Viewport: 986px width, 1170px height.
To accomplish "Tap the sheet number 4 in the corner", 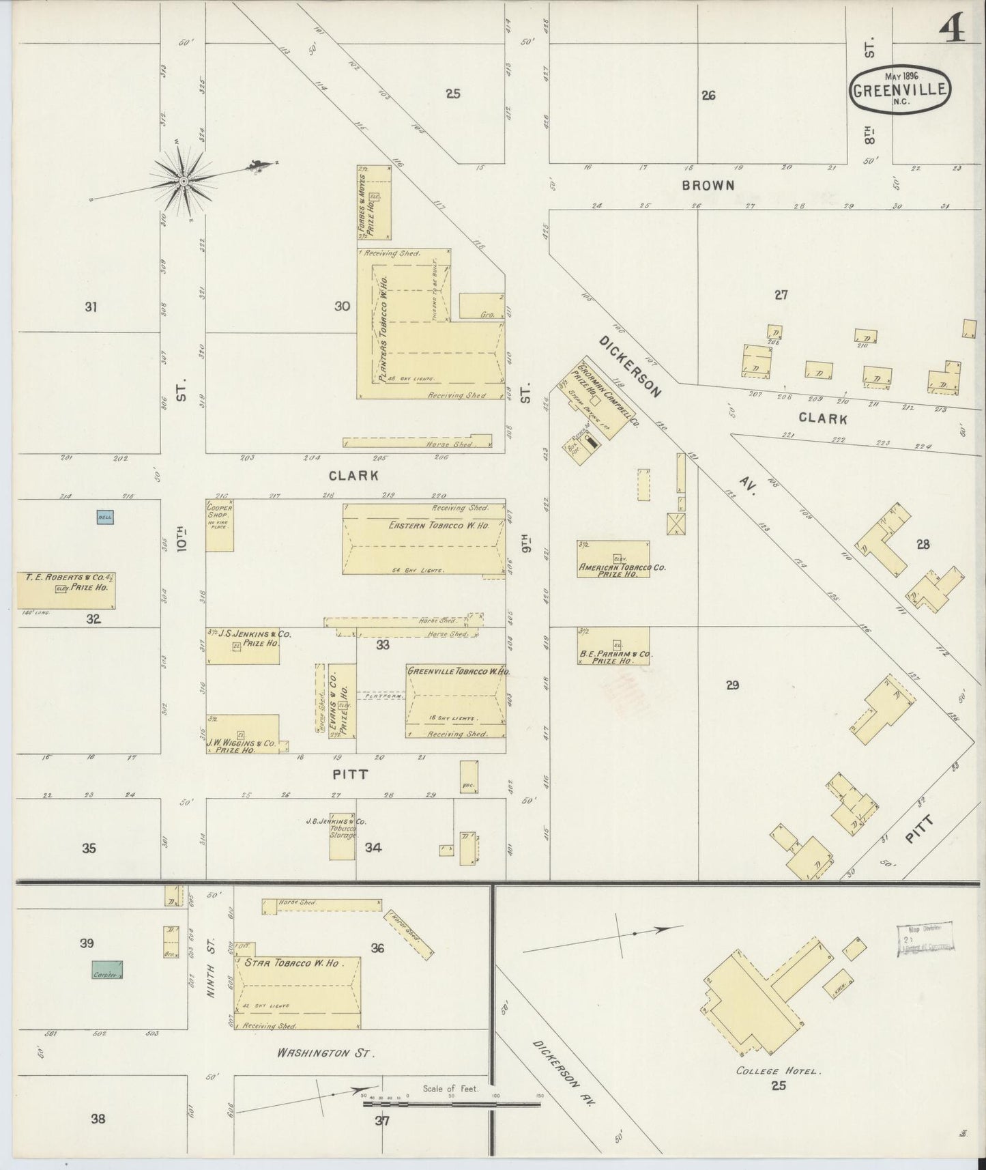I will pyautogui.click(x=951, y=28).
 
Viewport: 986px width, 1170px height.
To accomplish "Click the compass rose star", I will pyautogui.click(x=184, y=181).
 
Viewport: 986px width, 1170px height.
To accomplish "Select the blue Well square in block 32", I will pyautogui.click(x=104, y=517).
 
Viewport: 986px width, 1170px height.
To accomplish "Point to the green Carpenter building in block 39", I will pyautogui.click(x=107, y=971).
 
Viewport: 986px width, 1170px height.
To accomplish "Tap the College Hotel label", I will pyautogui.click(x=778, y=1070).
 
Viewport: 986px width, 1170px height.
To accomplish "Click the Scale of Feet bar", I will pyautogui.click(x=451, y=1102).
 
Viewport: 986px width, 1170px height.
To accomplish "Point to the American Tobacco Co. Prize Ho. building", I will pyautogui.click(x=613, y=559).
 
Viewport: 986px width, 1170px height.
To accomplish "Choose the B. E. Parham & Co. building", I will pyautogui.click(x=613, y=646).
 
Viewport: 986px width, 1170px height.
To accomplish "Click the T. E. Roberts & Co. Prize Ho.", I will pyautogui.click(x=66, y=590).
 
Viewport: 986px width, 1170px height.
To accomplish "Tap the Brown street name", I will pyautogui.click(x=708, y=185).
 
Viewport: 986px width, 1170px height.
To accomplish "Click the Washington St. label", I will pyautogui.click(x=326, y=1053).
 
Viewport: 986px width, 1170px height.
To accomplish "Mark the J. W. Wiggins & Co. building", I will pyautogui.click(x=242, y=734).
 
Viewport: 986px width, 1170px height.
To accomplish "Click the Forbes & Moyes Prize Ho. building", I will pyautogui.click(x=374, y=202).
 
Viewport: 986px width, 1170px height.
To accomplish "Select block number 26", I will pyautogui.click(x=708, y=96).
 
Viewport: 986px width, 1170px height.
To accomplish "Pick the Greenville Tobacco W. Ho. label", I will pyautogui.click(x=458, y=672).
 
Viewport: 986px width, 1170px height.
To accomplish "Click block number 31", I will pyautogui.click(x=91, y=307).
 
